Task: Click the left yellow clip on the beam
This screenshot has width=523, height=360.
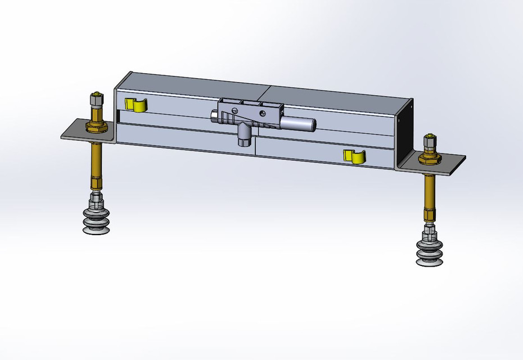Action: (x=134, y=104)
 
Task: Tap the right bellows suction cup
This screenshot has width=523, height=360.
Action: (x=429, y=251)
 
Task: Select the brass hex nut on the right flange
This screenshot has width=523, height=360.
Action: (x=430, y=159)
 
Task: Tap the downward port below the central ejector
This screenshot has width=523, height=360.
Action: (x=243, y=137)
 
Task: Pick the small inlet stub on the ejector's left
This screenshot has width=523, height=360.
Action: (x=214, y=117)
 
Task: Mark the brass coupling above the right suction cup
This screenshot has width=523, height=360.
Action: (x=429, y=215)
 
